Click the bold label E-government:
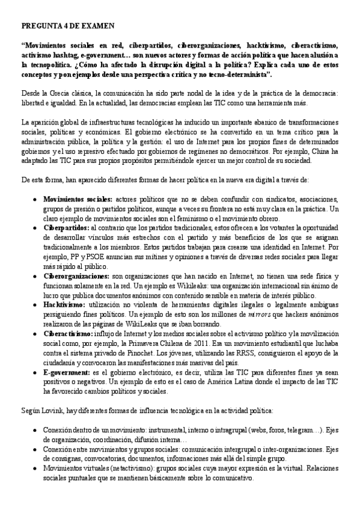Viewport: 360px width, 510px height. (x=67, y=373)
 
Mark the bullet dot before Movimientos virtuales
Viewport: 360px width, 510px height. (x=37, y=469)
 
